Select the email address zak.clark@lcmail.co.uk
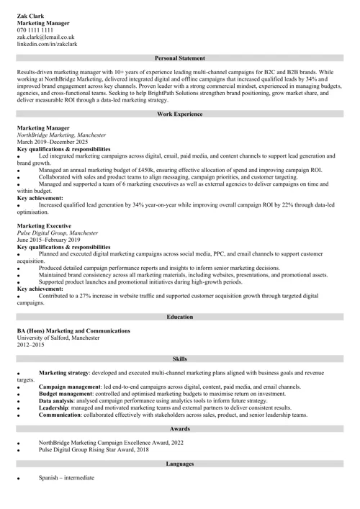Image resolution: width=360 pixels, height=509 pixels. coord(46,37)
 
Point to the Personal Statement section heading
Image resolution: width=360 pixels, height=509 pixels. coord(180,58)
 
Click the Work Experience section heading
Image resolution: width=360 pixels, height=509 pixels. coord(180,114)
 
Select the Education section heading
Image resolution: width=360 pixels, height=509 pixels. coord(180,317)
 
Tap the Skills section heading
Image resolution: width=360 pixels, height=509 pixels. coord(180,358)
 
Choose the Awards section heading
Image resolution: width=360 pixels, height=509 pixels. coord(180,429)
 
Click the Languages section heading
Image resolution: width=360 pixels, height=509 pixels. coord(180,464)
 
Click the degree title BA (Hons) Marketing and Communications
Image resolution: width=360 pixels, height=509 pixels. coord(73,330)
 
